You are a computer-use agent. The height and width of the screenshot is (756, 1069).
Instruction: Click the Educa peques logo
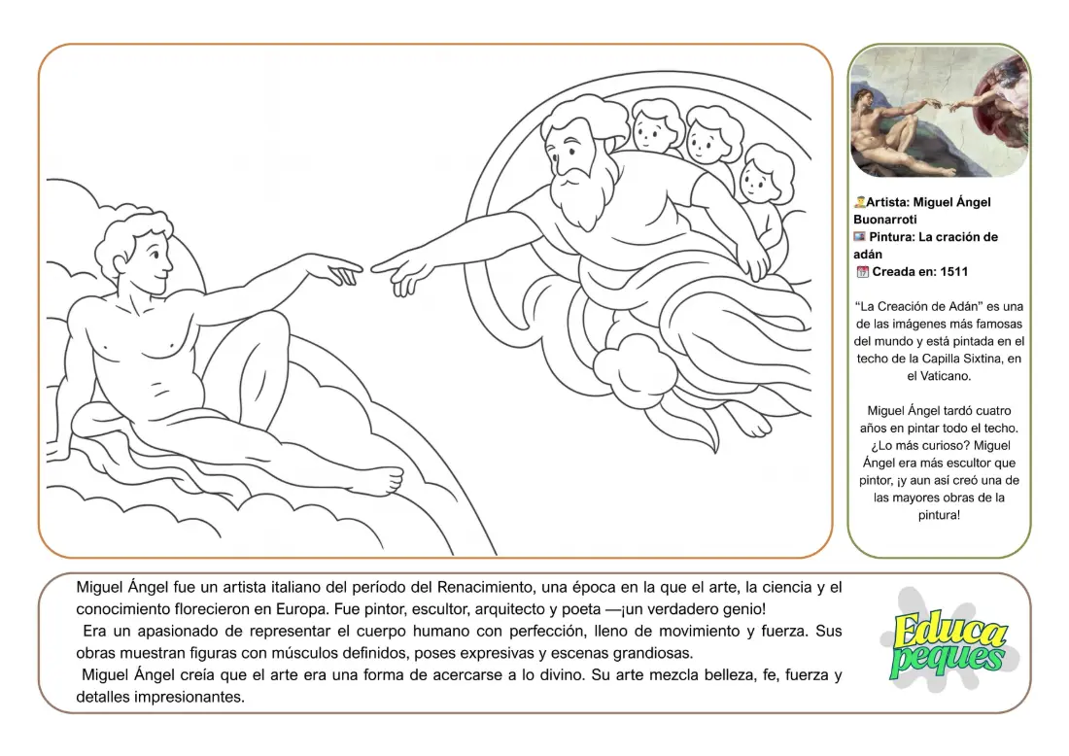948,641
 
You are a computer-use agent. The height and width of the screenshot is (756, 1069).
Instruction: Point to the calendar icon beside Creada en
861,272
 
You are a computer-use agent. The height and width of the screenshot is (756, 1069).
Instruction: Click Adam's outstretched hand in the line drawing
335,268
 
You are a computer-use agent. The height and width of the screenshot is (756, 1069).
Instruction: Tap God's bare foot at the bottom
748,420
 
